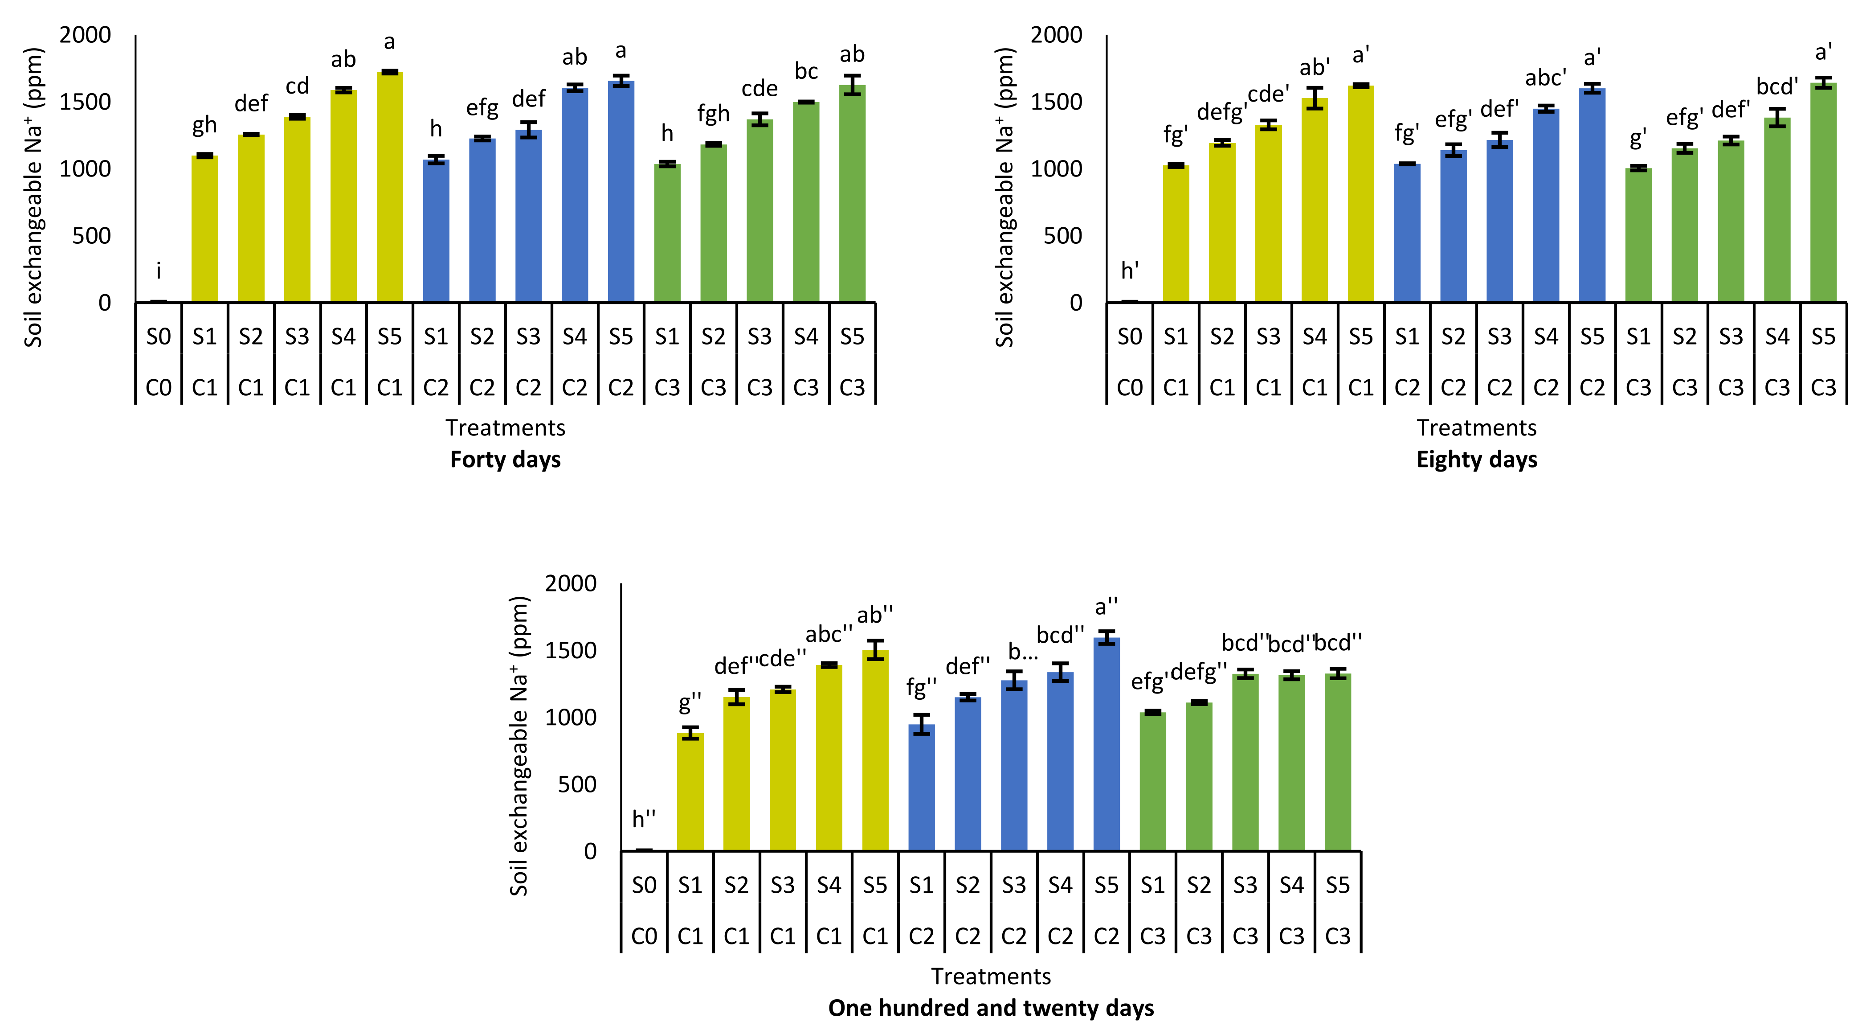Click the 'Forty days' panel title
[505, 460]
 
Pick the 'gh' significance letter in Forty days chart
[204, 126]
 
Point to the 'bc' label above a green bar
[806, 72]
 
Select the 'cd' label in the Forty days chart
[297, 87]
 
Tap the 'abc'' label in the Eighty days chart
[1545, 78]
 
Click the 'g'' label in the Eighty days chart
[1638, 137]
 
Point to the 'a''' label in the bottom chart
[1107, 607]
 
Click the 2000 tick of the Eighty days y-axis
[1056, 35]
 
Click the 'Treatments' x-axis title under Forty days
[505, 428]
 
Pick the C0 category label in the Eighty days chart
[1130, 388]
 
